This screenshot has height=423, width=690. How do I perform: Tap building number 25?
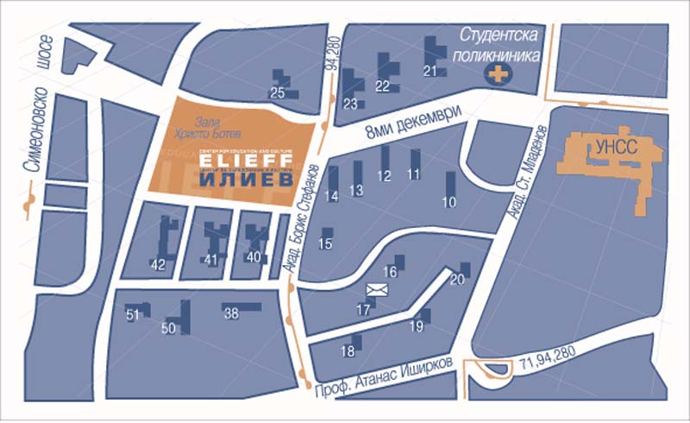coord(278,92)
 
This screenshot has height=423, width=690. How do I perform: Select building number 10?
coord(448,203)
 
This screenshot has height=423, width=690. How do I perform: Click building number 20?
coord(457,279)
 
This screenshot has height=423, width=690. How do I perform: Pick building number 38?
coord(231,314)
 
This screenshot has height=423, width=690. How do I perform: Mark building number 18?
coord(348,351)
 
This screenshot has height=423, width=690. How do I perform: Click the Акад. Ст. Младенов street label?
coord(528,180)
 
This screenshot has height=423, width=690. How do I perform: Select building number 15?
coord(325,244)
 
